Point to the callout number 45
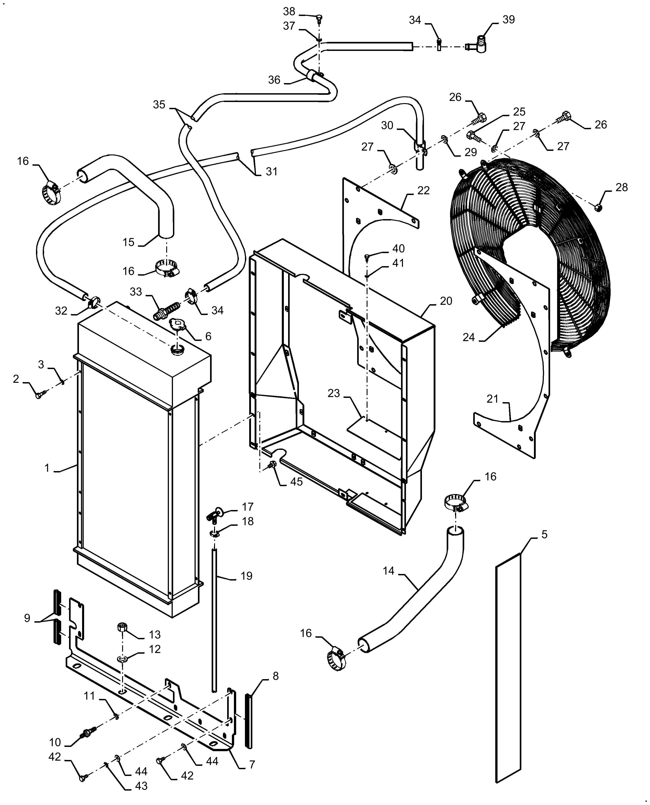pyautogui.click(x=296, y=482)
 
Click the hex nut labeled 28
pyautogui.click(x=598, y=207)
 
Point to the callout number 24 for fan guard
pyautogui.click(x=469, y=337)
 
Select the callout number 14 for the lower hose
pyautogui.click(x=389, y=571)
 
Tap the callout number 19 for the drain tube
pyautogui.click(x=246, y=576)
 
